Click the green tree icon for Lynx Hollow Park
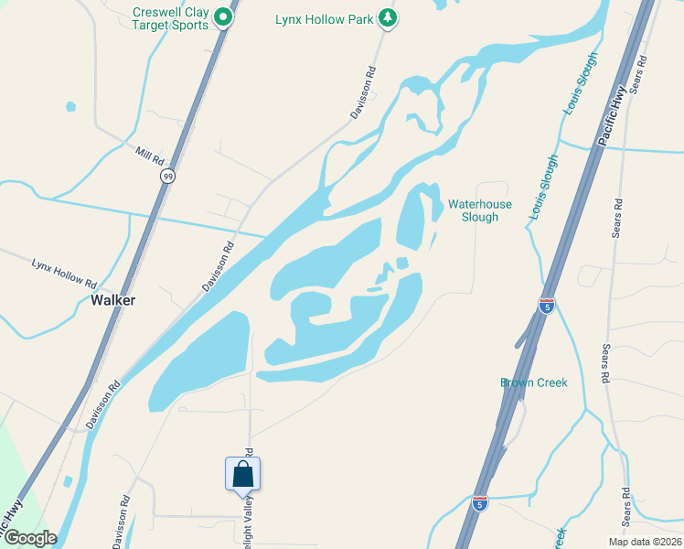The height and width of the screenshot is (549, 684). point(388,17)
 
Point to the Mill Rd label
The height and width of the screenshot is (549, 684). point(147,152)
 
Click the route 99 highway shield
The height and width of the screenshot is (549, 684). point(166,176)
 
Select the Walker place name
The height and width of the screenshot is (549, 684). point(113,300)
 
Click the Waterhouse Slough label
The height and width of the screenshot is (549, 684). point(480,210)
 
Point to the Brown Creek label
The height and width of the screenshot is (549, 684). point(534,382)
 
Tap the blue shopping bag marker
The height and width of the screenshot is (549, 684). point(242,475)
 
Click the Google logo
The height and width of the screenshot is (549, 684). point(29,538)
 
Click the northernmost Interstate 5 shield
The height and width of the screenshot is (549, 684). point(547,307)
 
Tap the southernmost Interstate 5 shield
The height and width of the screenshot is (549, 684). point(481,502)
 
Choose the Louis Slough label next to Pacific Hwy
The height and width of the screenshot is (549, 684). point(580,91)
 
